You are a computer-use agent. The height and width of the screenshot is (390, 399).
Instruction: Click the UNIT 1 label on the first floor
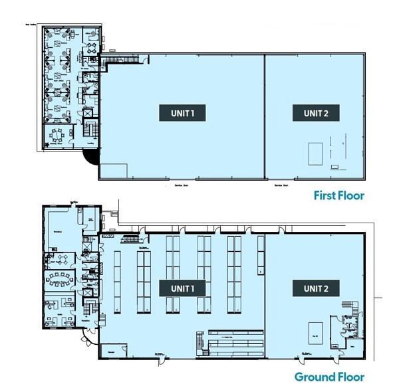coord(182,113)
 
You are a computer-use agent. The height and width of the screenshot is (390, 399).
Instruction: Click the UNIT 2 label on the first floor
coord(316,113)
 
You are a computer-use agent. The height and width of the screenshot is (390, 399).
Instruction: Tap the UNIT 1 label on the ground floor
coord(182,288)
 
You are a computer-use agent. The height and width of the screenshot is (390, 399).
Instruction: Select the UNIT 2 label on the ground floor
coord(316,288)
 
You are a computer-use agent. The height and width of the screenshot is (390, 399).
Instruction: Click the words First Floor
coord(339,196)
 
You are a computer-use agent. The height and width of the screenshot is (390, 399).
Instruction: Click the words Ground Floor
coord(330,377)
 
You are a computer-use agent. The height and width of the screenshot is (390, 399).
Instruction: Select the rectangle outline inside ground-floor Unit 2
coord(316,331)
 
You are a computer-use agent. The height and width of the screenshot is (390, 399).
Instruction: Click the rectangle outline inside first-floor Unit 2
coord(314,153)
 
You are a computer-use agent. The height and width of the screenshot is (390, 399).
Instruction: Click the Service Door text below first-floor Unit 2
coord(282,186)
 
